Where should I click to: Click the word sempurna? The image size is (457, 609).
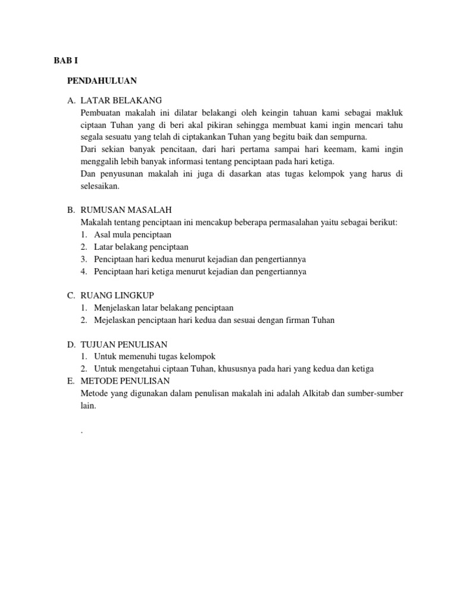tap(348, 136)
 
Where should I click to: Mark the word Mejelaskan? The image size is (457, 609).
tap(115, 320)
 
